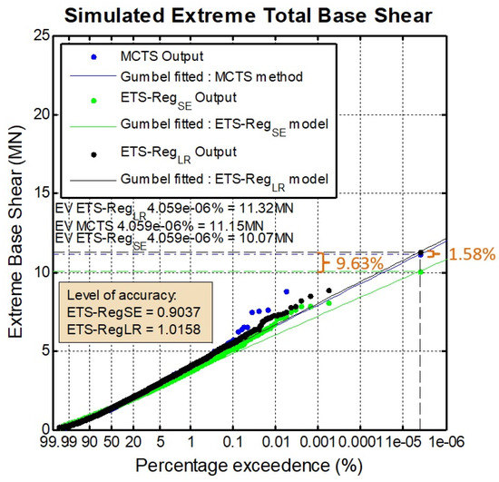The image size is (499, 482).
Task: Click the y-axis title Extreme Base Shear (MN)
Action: click(15, 231)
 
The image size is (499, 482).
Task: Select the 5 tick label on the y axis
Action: click(39, 350)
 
